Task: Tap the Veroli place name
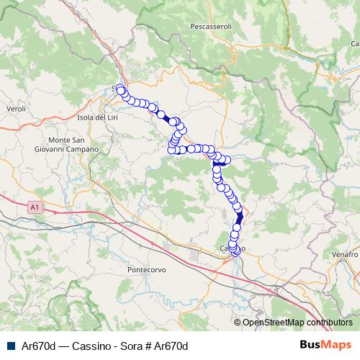tap(16, 108)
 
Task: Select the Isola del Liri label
tap(97, 117)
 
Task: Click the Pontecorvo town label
tap(147, 269)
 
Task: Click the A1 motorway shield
tap(34, 207)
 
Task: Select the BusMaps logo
tap(326, 345)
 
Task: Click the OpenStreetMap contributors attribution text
tap(297, 323)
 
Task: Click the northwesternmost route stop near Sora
tap(120, 90)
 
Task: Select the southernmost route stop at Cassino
tap(235, 253)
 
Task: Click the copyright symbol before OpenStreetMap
tap(238, 323)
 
